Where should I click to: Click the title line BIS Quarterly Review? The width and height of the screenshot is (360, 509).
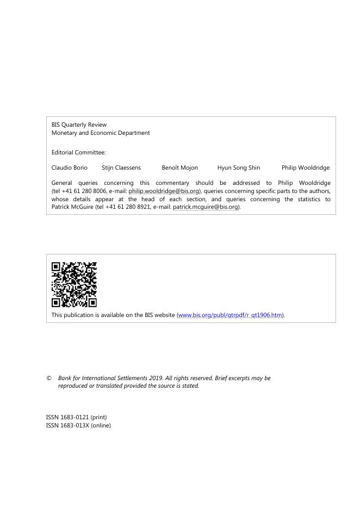[x=79, y=125]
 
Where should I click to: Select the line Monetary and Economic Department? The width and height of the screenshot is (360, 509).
[x=101, y=133]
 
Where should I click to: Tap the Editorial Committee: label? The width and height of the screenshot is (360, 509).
[x=78, y=152]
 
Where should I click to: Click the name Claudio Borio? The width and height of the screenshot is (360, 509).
[x=69, y=167]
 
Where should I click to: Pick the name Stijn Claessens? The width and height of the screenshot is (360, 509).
[x=121, y=167]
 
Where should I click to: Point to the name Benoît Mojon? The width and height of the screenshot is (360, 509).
[x=179, y=167]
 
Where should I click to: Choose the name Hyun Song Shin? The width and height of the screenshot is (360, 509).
[x=238, y=167]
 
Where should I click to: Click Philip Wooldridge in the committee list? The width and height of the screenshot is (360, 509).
[x=305, y=167]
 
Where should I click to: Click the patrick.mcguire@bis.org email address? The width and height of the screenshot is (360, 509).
[x=206, y=207]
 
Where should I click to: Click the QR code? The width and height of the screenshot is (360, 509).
[x=74, y=284]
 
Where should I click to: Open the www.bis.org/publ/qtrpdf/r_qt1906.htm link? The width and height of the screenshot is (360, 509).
[x=230, y=315]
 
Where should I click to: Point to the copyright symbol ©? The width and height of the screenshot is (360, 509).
[x=49, y=378]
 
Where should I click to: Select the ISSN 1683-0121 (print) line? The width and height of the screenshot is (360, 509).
[x=76, y=417]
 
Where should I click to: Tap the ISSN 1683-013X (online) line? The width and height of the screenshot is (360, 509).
[x=78, y=425]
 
